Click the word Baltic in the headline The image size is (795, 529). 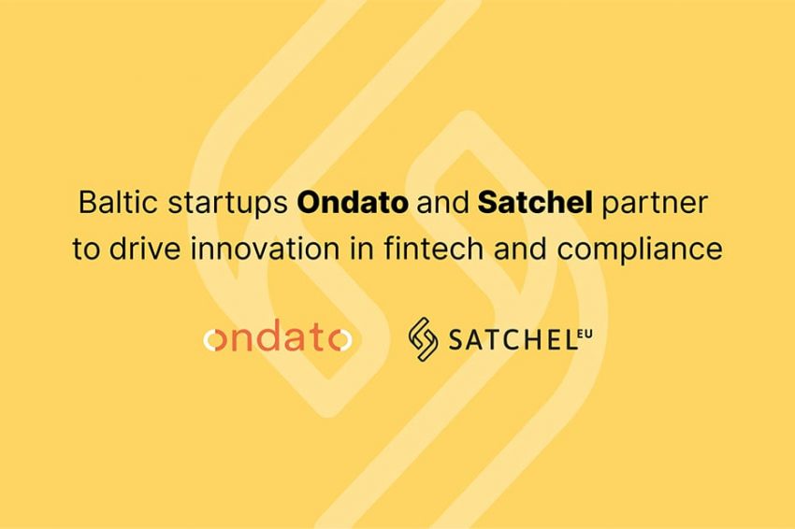(108, 203)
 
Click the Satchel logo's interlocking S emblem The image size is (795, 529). (423, 340)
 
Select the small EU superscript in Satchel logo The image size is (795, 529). (585, 332)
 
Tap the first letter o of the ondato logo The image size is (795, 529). (215, 342)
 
